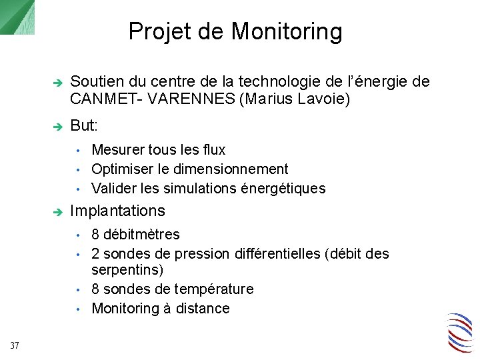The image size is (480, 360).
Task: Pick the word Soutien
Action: tap(95, 82)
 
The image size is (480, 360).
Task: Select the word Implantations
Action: tap(117, 211)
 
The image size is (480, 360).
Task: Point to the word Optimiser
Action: tap(121, 169)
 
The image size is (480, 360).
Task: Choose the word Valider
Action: tap(113, 189)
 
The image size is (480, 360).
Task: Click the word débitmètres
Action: tap(141, 235)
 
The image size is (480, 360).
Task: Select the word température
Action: tap(213, 290)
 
